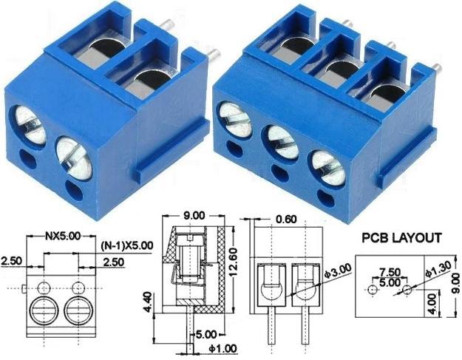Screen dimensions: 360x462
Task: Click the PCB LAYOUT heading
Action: point(401,238)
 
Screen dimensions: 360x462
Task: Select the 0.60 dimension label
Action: point(285,220)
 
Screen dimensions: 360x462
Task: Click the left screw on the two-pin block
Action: point(29,123)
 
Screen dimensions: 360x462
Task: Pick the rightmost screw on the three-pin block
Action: point(327,166)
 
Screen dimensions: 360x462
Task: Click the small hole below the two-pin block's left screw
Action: point(29,157)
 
